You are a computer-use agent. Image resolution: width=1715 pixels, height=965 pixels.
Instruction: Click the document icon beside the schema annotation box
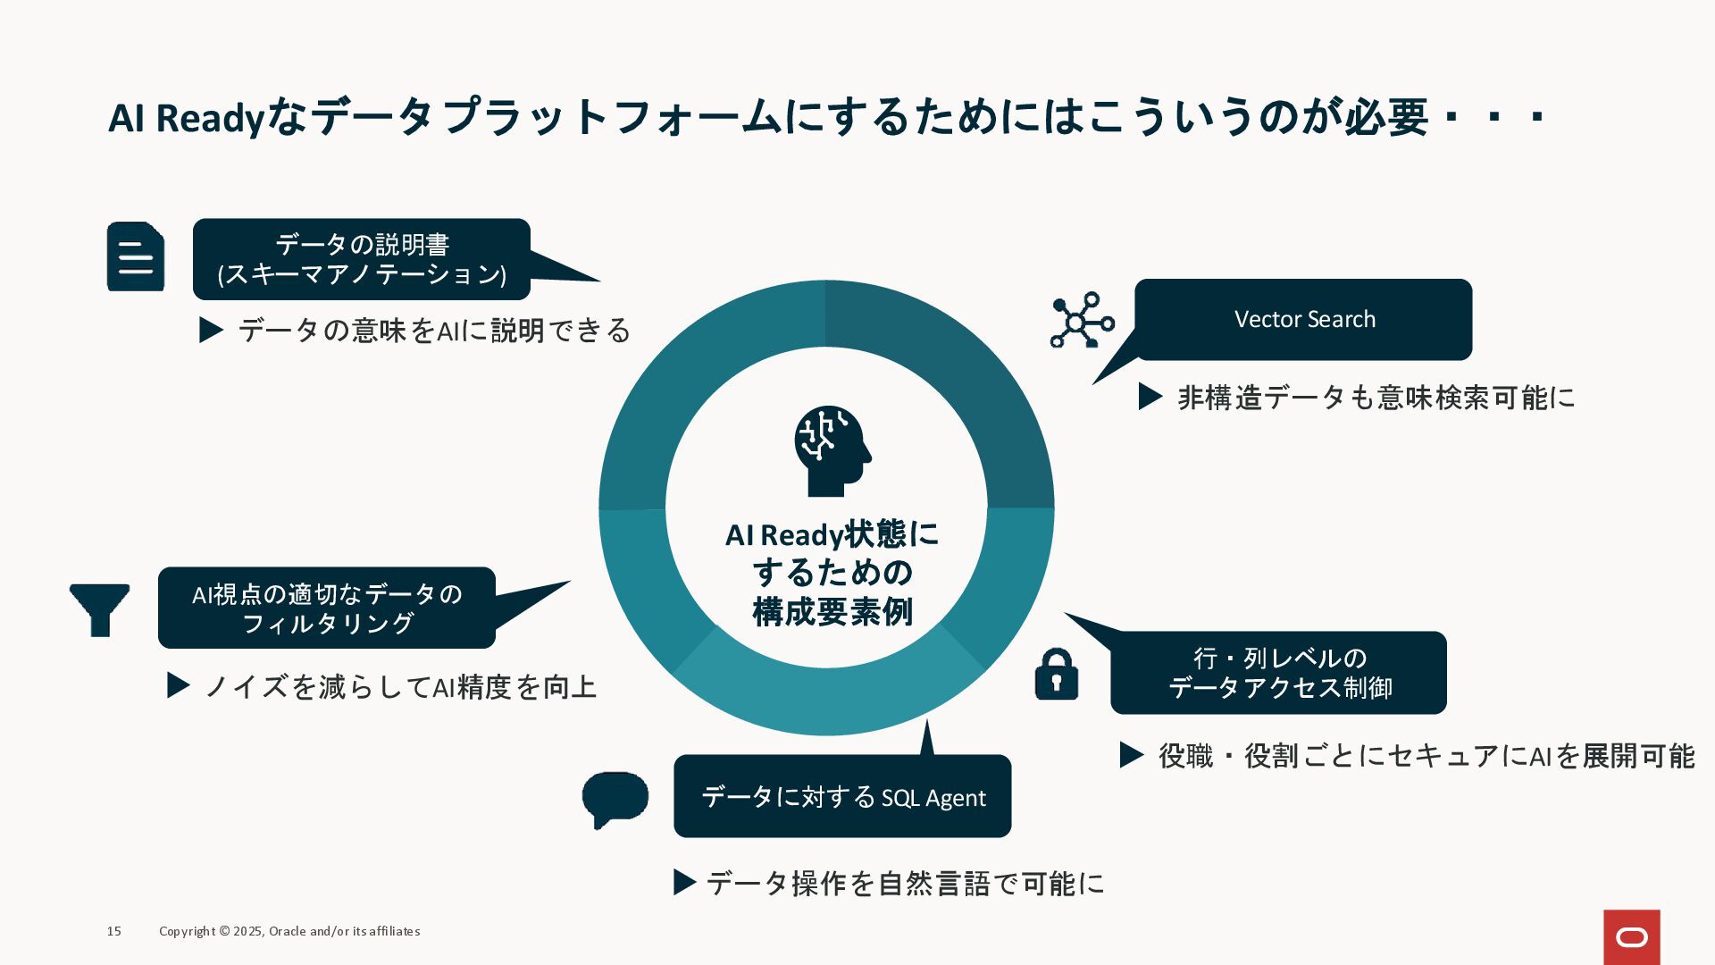(136, 256)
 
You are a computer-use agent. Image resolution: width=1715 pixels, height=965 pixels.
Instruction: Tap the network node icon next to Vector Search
(1082, 320)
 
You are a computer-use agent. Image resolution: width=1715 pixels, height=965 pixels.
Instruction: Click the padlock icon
(1056, 674)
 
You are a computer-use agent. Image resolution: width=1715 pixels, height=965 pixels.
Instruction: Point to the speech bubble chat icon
(615, 798)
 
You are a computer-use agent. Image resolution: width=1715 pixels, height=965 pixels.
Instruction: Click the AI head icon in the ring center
(831, 451)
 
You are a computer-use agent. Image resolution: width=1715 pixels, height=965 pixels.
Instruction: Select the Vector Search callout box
(1303, 320)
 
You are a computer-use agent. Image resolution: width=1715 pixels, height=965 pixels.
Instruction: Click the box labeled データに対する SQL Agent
(842, 796)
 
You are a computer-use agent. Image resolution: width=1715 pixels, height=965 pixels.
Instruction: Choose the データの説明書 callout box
(362, 259)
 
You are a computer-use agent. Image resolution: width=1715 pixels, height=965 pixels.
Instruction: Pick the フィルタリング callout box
(327, 608)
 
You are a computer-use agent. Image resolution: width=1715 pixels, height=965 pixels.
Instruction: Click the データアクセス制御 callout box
(1278, 673)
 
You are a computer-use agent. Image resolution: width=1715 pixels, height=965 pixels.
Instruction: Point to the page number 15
(114, 931)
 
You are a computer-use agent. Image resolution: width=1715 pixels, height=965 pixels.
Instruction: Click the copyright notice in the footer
(289, 931)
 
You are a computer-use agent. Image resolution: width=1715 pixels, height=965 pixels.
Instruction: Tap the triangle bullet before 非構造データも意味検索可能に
(1150, 397)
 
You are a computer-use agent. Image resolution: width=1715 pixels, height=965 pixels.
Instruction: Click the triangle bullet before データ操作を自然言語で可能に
(684, 883)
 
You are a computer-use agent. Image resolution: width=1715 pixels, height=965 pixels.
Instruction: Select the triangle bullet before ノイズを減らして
(179, 686)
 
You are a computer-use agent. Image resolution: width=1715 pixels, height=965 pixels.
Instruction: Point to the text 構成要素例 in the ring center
(832, 612)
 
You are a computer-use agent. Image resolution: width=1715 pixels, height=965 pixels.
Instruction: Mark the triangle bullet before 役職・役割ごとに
(1132, 755)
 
